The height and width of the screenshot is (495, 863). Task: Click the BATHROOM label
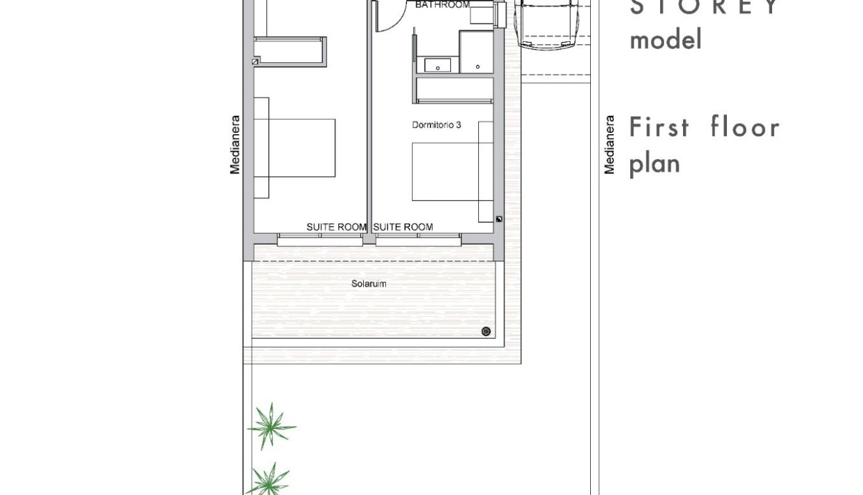[x=442, y=5]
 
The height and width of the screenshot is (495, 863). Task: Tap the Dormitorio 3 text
[x=436, y=124]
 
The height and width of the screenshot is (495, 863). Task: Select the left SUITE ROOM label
[x=336, y=227]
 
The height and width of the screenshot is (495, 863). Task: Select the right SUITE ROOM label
[x=403, y=227]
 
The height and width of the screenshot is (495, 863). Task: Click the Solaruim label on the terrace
[x=368, y=284]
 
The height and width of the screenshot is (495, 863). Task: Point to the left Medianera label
[x=235, y=145]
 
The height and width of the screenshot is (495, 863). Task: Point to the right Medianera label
[x=609, y=145]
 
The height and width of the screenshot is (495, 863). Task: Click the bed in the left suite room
[x=301, y=148]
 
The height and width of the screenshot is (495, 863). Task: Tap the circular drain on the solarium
[x=485, y=331]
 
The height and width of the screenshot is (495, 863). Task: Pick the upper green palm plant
[x=270, y=426]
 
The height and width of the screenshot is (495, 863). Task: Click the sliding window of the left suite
[x=320, y=240]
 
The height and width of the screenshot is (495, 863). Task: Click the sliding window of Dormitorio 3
[x=419, y=240]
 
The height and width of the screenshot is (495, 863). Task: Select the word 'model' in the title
[x=665, y=40]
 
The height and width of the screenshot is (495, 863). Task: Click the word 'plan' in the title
[x=654, y=164]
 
